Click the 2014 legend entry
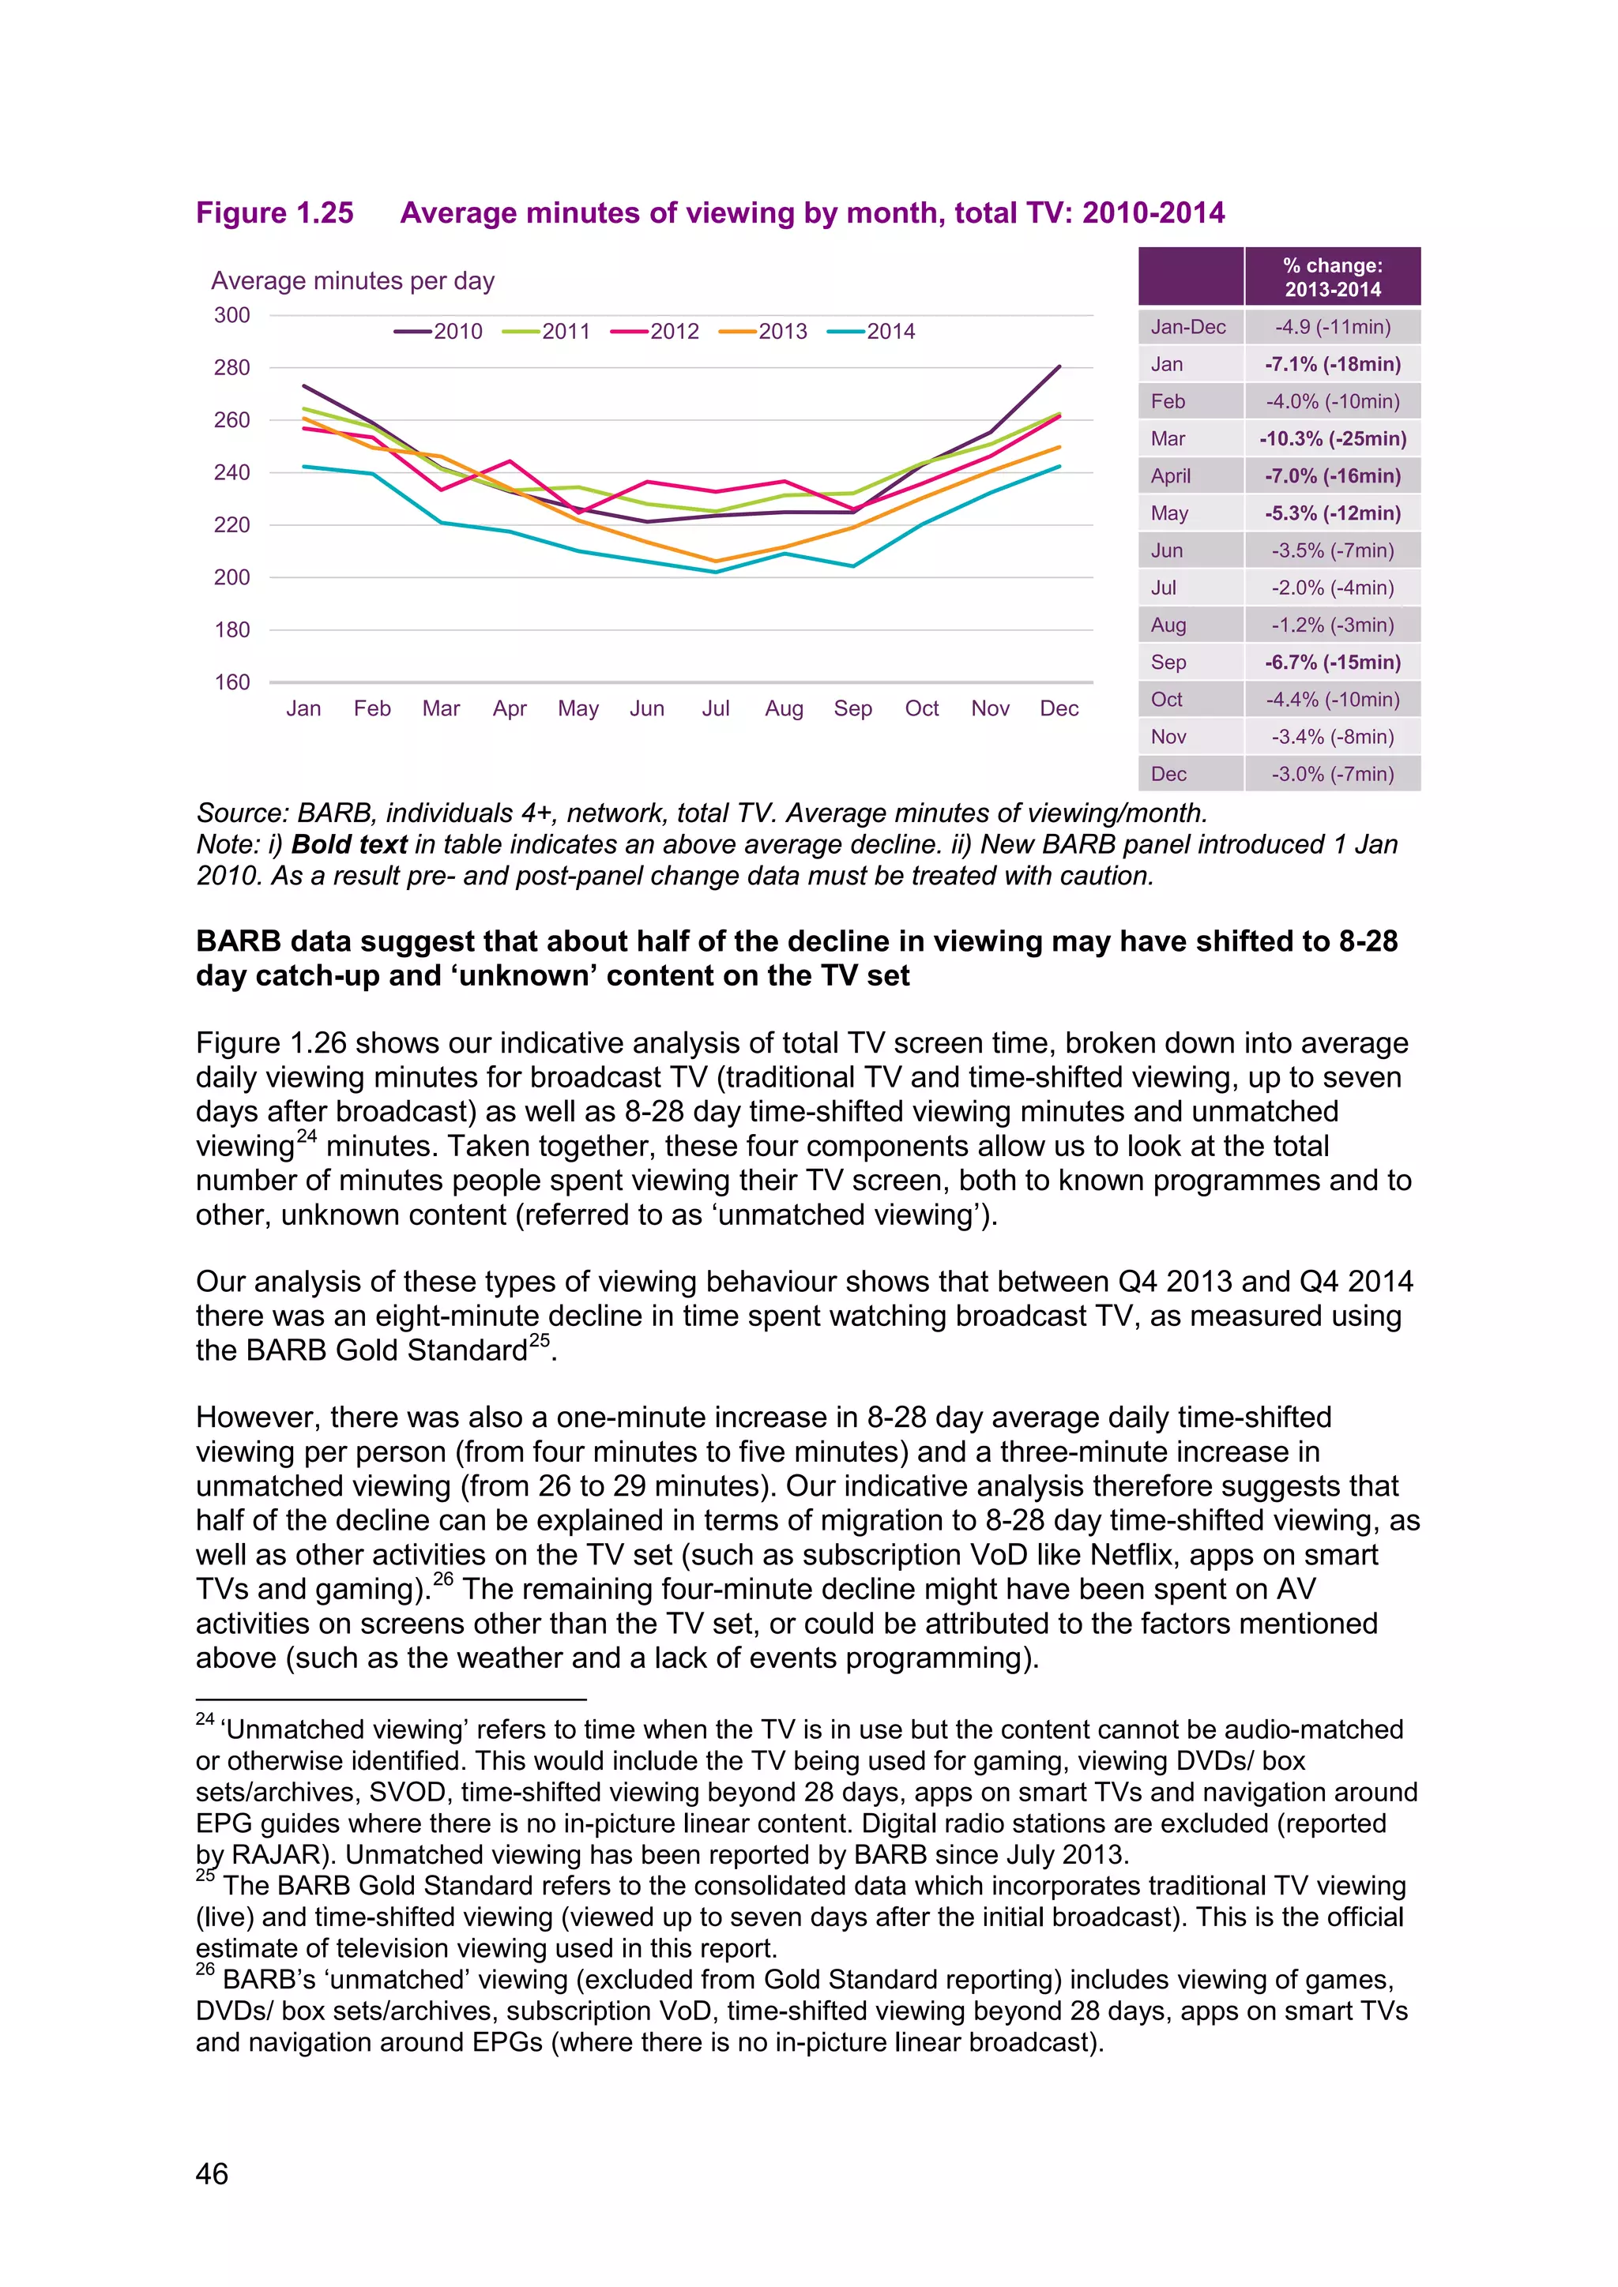[871, 332]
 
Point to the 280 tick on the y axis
[231, 367]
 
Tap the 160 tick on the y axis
[231, 682]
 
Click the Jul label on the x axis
[715, 708]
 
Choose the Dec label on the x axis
[1059, 708]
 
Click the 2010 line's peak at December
[1059, 366]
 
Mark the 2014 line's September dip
[852, 565]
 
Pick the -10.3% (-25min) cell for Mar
[1332, 438]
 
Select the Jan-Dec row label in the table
[1187, 327]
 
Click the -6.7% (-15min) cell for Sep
[1332, 663]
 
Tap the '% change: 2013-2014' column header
[1332, 277]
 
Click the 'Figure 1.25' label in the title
[275, 213]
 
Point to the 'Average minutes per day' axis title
[352, 281]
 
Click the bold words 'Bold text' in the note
[348, 845]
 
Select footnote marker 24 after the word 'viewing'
[307, 1136]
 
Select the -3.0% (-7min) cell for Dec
[1332, 774]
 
